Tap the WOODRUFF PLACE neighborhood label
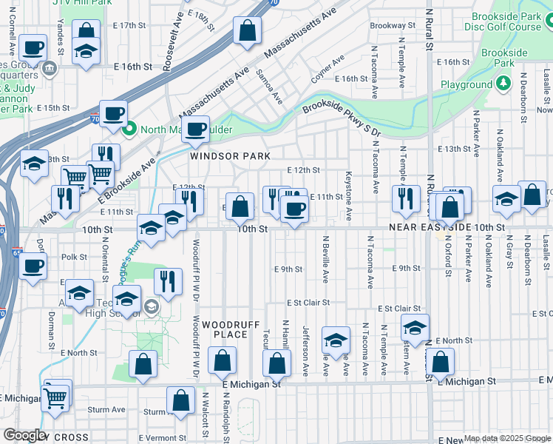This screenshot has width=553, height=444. [x=224, y=330]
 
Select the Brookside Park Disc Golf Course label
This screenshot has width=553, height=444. [x=503, y=21]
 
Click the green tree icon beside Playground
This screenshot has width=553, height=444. [x=503, y=84]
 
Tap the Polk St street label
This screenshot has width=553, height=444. [x=75, y=258]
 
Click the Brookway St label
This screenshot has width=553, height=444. [x=388, y=25]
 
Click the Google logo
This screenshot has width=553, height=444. [x=25, y=435]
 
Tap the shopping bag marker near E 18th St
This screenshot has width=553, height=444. [x=248, y=31]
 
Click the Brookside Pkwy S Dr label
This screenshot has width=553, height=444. [x=342, y=117]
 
